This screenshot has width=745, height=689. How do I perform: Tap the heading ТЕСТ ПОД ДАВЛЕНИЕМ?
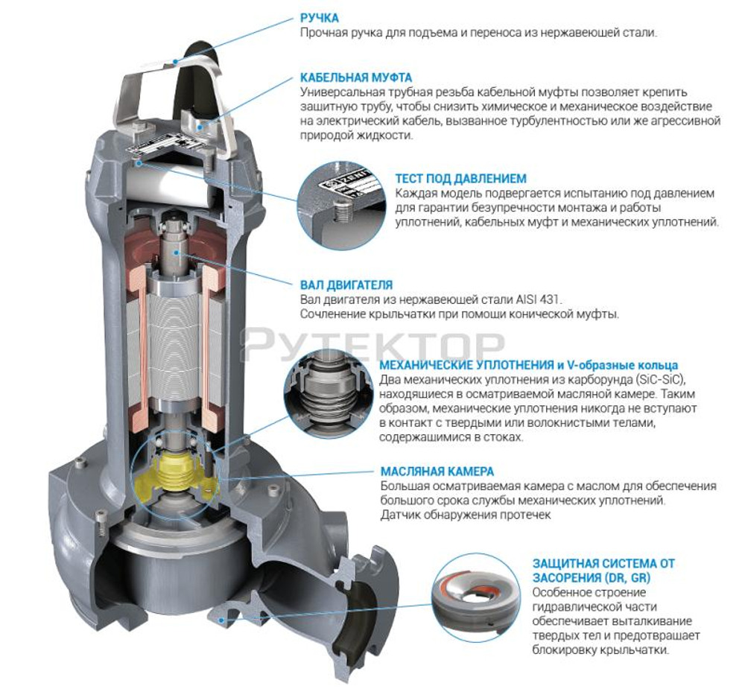460,178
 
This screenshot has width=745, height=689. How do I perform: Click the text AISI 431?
536,299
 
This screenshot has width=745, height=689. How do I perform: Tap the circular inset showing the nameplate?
338,197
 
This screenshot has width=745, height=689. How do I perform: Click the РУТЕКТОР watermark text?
372,344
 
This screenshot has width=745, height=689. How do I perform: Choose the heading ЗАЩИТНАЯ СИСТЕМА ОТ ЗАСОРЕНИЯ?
603,571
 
